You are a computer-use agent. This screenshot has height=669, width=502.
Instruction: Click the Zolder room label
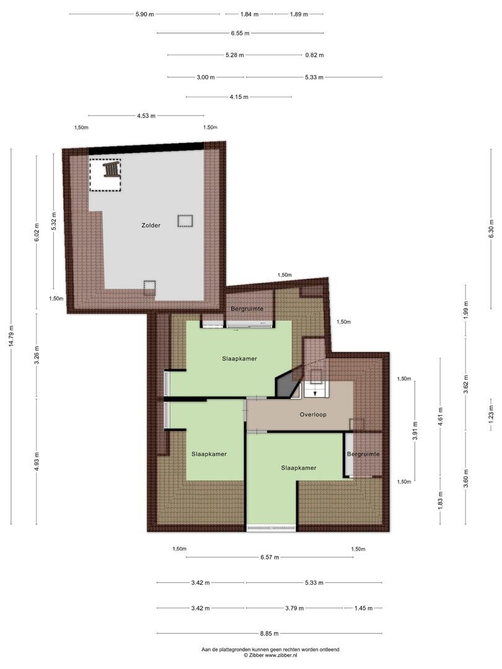(x=151, y=225)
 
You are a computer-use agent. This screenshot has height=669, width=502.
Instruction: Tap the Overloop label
(x=313, y=414)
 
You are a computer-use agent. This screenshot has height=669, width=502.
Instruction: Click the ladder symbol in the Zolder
(x=111, y=169)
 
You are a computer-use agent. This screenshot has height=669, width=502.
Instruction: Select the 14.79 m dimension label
(x=12, y=336)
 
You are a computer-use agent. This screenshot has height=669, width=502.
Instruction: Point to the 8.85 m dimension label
(x=270, y=634)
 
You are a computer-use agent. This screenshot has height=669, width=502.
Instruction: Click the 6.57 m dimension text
(x=270, y=557)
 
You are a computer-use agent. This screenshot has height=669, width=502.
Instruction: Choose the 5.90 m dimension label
(x=144, y=14)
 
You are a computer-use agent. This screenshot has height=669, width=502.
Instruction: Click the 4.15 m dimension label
(x=239, y=97)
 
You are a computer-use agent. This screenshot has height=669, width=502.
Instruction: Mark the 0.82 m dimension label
(x=315, y=55)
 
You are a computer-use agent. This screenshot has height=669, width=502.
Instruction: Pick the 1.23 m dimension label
(x=491, y=412)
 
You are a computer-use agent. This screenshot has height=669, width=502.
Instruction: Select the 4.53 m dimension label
(x=146, y=116)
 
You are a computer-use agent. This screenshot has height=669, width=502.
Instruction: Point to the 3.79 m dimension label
(x=294, y=608)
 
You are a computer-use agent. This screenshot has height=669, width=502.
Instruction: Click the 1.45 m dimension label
(x=363, y=608)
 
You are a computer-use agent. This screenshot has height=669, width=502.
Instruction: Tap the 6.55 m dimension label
(x=240, y=33)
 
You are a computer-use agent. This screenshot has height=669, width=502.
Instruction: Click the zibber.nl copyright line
(x=271, y=655)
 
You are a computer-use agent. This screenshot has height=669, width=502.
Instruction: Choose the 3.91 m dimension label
(x=415, y=430)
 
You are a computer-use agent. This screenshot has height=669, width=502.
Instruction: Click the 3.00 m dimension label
(x=206, y=77)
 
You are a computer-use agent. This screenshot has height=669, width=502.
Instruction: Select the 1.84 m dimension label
(x=249, y=14)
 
